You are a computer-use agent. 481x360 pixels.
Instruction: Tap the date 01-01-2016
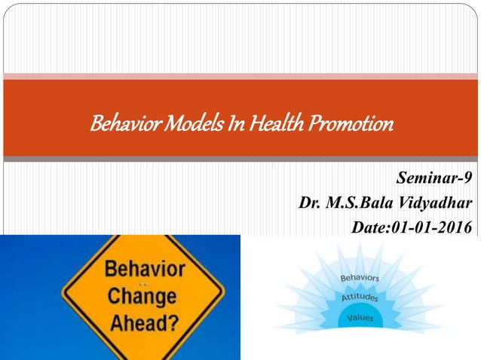point(430,227)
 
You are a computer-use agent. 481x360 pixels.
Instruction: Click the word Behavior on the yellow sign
point(143,269)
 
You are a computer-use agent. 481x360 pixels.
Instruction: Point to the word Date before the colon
point(368,227)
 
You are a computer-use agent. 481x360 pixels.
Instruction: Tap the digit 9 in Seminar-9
point(469,178)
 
